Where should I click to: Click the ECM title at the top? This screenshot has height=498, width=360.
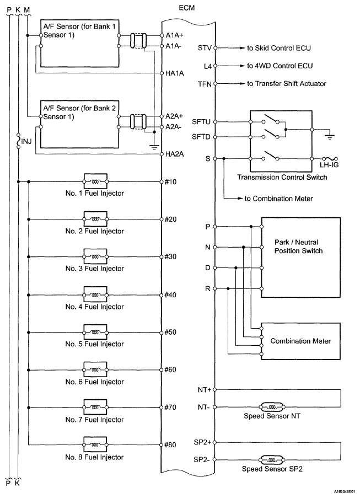pyautogui.click(x=187, y=8)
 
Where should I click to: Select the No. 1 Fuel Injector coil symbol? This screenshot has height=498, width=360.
pyautogui.click(x=95, y=181)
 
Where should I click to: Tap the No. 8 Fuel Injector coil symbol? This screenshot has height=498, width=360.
pyautogui.click(x=95, y=445)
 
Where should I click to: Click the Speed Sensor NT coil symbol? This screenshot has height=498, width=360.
pyautogui.click(x=272, y=407)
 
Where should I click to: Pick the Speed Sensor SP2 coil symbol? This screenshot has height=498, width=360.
pyautogui.click(x=272, y=459)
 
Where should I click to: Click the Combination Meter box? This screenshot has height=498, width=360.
pyautogui.click(x=300, y=341)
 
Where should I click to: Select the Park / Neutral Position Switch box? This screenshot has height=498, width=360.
pyautogui.click(x=300, y=257)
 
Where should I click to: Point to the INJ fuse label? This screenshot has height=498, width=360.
pyautogui.click(x=26, y=141)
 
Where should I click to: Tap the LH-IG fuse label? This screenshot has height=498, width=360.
pyautogui.click(x=329, y=165)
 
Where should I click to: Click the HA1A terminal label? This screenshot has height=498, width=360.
pyautogui.click(x=175, y=73)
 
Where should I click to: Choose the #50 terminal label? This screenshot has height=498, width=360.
pyautogui.click(x=170, y=332)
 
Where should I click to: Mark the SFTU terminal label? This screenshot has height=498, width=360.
pyautogui.click(x=201, y=122)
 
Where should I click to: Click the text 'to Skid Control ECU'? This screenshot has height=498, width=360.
pyautogui.click(x=279, y=48)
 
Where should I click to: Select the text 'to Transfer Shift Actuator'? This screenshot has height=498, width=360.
pyautogui.click(x=286, y=83)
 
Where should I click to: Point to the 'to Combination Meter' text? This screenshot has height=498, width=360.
pyautogui.click(x=279, y=199)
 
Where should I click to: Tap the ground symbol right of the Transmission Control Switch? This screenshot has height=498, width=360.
pyautogui.click(x=330, y=137)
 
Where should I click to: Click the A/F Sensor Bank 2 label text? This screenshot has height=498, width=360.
pyautogui.click(x=79, y=113)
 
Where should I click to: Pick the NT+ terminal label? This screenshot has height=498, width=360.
pyautogui.click(x=204, y=389)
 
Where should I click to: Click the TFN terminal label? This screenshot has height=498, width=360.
pyautogui.click(x=205, y=84)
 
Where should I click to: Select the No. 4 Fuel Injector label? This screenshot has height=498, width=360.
pyautogui.click(x=95, y=307)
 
